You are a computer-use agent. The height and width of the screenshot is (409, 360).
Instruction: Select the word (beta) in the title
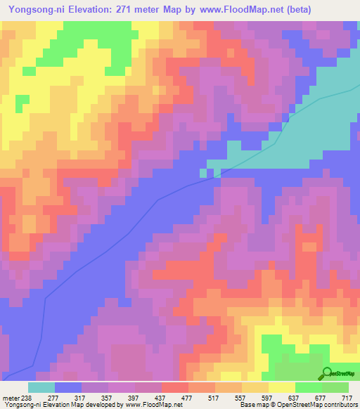coord(296,9)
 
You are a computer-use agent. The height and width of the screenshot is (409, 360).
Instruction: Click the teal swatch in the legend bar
coord(41,387)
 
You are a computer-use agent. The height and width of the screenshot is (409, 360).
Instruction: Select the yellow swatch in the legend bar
coord(281,387)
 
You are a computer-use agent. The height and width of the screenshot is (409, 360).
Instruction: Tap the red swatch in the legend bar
coord(174,387)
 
